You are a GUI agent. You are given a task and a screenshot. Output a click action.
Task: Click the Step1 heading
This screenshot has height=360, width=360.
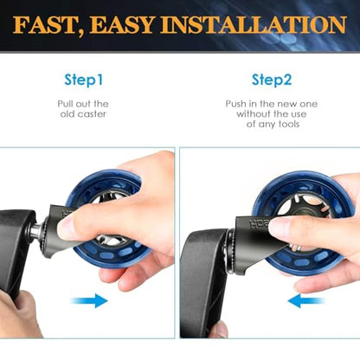pyautogui.click(x=84, y=80)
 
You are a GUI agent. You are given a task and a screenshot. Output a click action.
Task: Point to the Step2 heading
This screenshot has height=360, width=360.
pyautogui.click(x=272, y=80)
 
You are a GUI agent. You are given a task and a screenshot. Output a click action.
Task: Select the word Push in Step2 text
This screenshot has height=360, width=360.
pyautogui.click(x=235, y=104)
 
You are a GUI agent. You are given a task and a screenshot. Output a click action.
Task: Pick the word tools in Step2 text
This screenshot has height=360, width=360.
pyautogui.click(x=289, y=125)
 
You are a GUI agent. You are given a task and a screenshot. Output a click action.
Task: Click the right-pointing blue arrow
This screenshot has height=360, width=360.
pyautogui.click(x=89, y=300)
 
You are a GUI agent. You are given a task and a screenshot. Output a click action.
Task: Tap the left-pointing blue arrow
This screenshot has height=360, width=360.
pyautogui.click(x=306, y=301)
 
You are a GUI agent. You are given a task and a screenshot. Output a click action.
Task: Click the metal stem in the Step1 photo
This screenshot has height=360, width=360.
pyautogui.click(x=37, y=229)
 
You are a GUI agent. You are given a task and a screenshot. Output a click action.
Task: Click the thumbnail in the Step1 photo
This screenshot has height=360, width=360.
pyautogui.click(x=64, y=228)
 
